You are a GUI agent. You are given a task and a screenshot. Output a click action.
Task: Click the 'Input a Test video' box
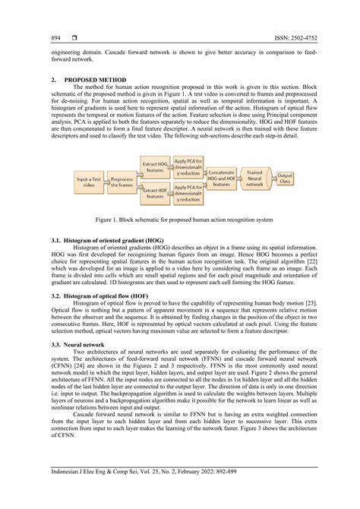point(89,181)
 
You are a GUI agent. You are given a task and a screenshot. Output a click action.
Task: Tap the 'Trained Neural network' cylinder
point(254,179)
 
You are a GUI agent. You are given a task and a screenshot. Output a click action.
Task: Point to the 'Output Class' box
point(285,179)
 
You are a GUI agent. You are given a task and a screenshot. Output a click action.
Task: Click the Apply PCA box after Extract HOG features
point(188,166)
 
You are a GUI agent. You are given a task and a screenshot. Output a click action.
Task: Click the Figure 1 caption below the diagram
point(179,220)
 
